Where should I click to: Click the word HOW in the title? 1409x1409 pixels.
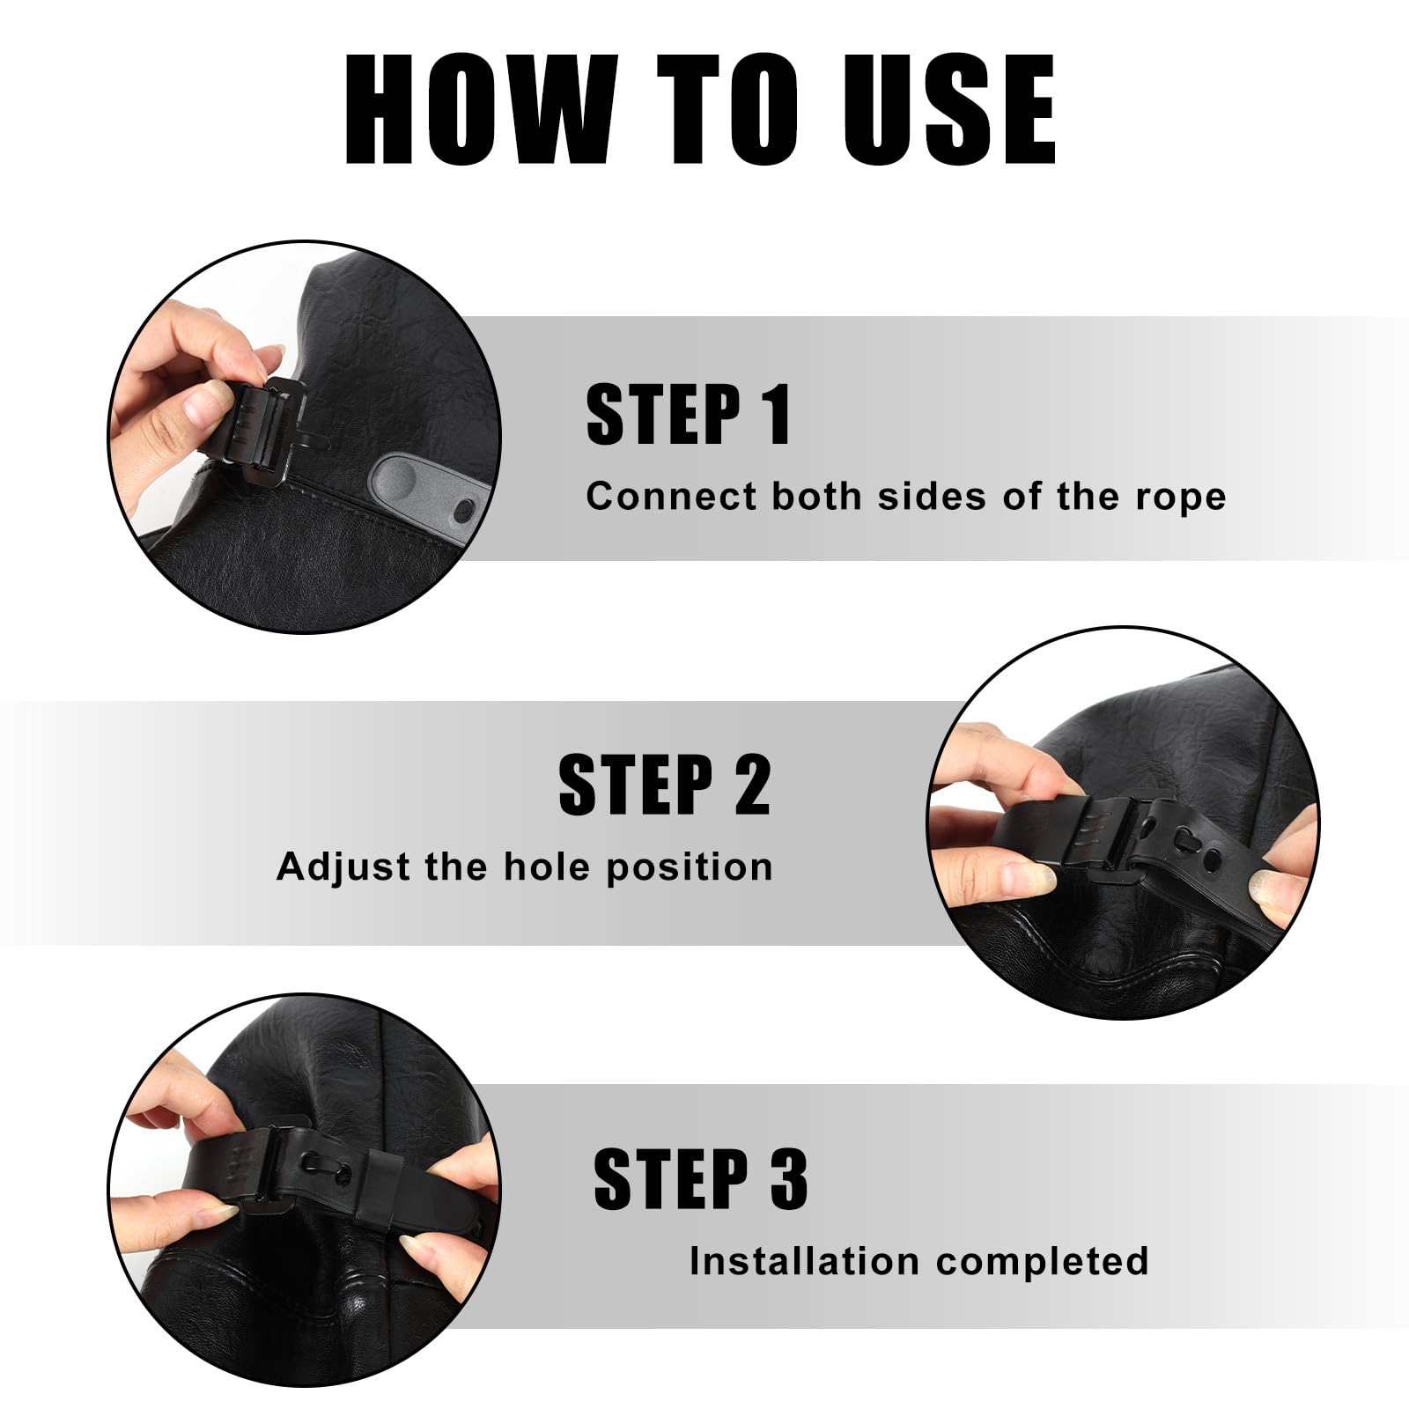[x=482, y=109]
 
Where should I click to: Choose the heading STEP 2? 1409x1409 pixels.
[x=665, y=784]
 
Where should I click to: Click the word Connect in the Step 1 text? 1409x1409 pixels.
[x=671, y=497]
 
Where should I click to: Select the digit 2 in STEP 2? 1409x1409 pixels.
[x=753, y=784]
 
